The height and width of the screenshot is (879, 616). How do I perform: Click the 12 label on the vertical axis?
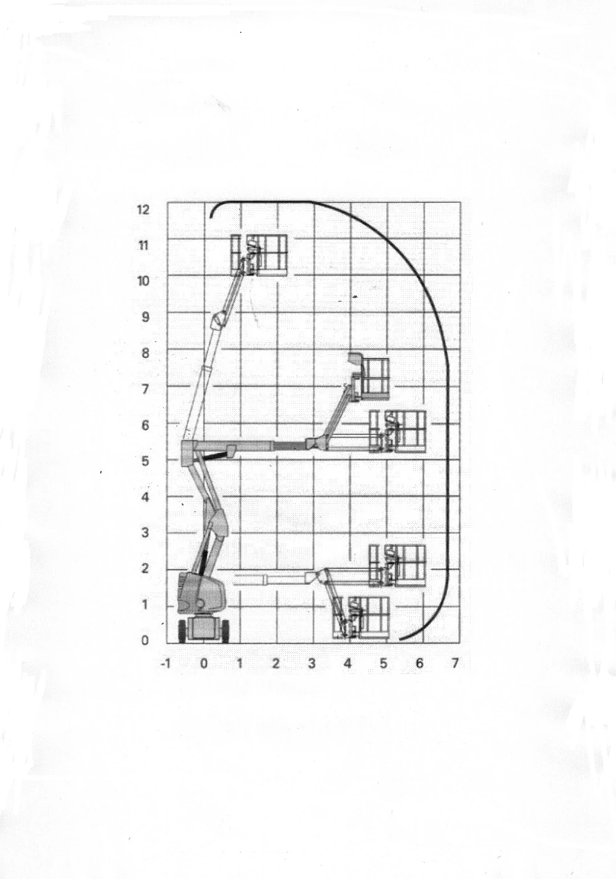tap(144, 210)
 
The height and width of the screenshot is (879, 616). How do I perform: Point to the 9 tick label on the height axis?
tap(145, 317)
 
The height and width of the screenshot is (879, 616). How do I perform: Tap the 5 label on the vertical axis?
tap(145, 460)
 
